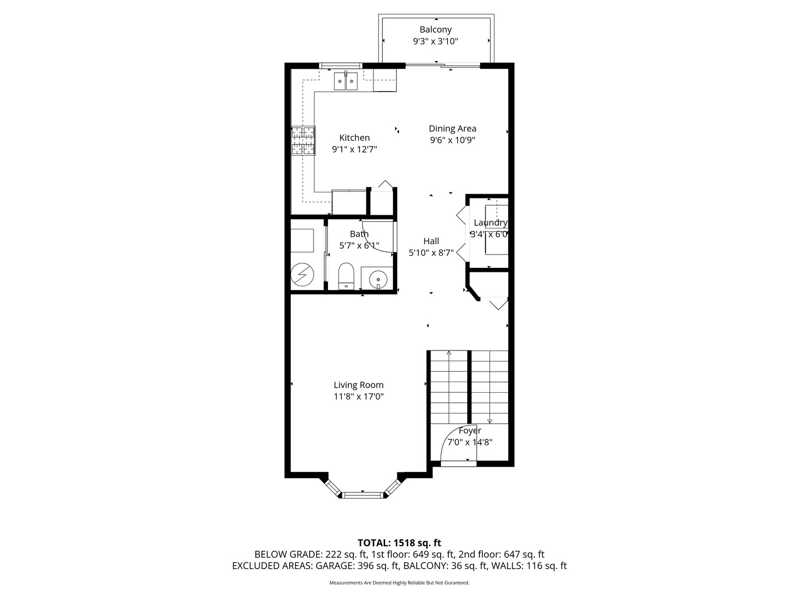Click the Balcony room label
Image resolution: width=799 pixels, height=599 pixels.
[x=436, y=29]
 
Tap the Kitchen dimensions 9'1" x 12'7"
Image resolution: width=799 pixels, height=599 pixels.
[x=354, y=149]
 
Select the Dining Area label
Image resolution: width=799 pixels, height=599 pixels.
[x=452, y=128]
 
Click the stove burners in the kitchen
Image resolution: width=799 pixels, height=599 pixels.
[x=303, y=141]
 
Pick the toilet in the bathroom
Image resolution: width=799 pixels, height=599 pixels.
[x=346, y=276]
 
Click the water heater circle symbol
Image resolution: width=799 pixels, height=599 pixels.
[x=302, y=274]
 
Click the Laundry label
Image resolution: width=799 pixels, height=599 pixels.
[x=490, y=222]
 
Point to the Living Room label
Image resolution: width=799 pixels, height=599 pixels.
[x=358, y=385]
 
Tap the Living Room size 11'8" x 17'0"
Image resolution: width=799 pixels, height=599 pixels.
[x=358, y=397]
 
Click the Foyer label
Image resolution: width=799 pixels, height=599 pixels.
[x=469, y=430]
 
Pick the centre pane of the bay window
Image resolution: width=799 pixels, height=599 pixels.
[x=362, y=495]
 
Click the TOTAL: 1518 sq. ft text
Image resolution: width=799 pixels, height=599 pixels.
[x=399, y=543]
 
